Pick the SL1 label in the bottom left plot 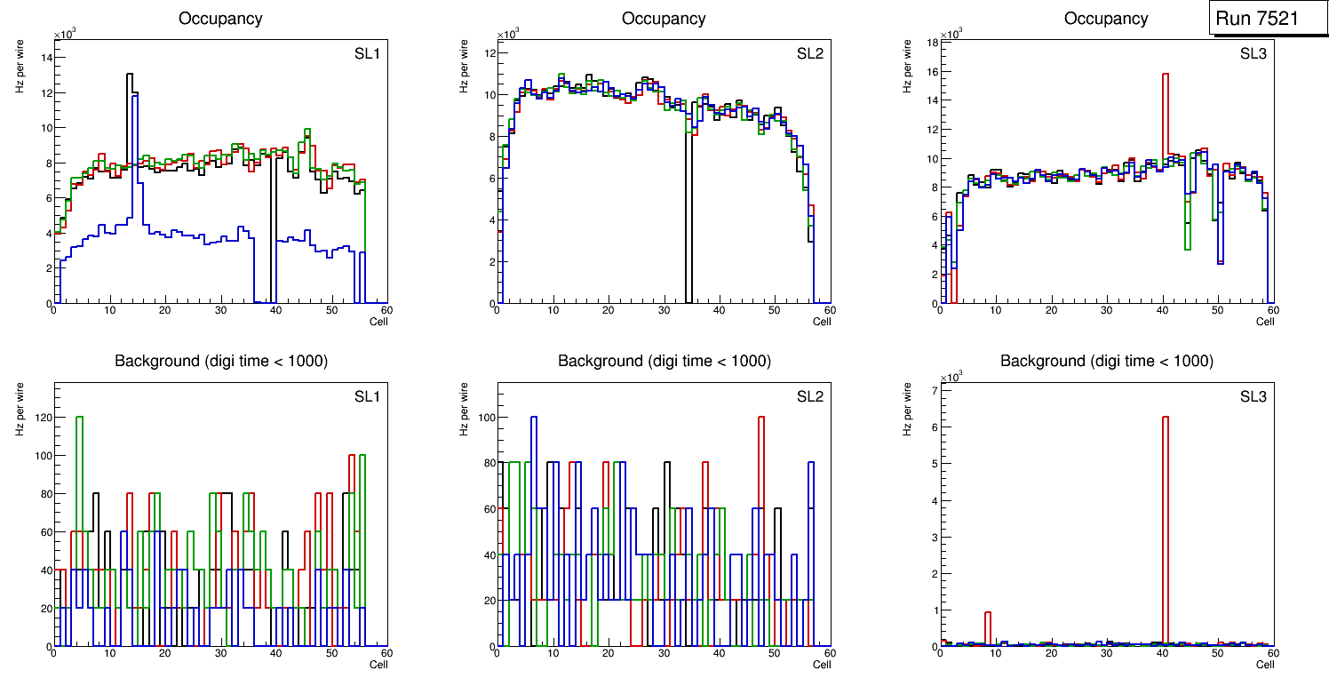coord(365,396)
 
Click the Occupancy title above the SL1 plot coord(220,19)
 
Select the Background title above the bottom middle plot coord(664,361)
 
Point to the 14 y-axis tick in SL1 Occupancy coord(46,58)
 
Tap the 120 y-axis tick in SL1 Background coord(41,418)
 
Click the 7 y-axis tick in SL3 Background coord(935,391)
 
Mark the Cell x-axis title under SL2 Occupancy coord(822,322)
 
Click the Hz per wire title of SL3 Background coord(907,409)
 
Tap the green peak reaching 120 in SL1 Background coord(80,418)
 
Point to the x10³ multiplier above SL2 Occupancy coord(507,35)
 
